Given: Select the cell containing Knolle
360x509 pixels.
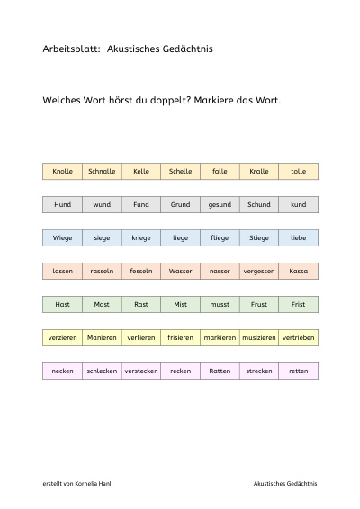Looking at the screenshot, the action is pyautogui.click(x=62, y=172).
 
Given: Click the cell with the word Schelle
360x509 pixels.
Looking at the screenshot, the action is pyautogui.click(x=180, y=172).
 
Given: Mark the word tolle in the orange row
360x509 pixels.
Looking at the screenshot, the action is pyautogui.click(x=298, y=171).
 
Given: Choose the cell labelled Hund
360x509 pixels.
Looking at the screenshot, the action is pyautogui.click(x=62, y=204).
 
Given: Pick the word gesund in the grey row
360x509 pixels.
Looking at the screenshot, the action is pyautogui.click(x=220, y=205).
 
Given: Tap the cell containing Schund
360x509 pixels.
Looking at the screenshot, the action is pyautogui.click(x=259, y=204).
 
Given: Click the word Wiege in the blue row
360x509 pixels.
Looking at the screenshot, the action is pyautogui.click(x=62, y=238).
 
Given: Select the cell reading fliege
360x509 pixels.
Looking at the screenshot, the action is pyautogui.click(x=220, y=238).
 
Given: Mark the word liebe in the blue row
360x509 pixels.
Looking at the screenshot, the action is pyautogui.click(x=298, y=238).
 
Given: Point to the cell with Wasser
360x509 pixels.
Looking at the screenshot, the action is pyautogui.click(x=180, y=271).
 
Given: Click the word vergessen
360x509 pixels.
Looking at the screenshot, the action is pyautogui.click(x=259, y=272).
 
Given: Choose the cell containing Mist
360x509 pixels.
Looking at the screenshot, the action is pyautogui.click(x=180, y=305).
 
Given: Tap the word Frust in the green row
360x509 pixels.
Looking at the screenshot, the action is pyautogui.click(x=259, y=305).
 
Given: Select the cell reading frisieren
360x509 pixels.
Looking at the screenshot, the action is pyautogui.click(x=180, y=337).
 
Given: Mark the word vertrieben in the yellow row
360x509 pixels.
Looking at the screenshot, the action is pyautogui.click(x=298, y=337).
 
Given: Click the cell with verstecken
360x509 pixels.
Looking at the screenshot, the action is pyautogui.click(x=141, y=371).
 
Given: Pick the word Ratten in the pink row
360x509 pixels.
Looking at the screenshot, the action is pyautogui.click(x=220, y=371).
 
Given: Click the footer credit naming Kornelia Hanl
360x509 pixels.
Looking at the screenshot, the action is pyautogui.click(x=76, y=483).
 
